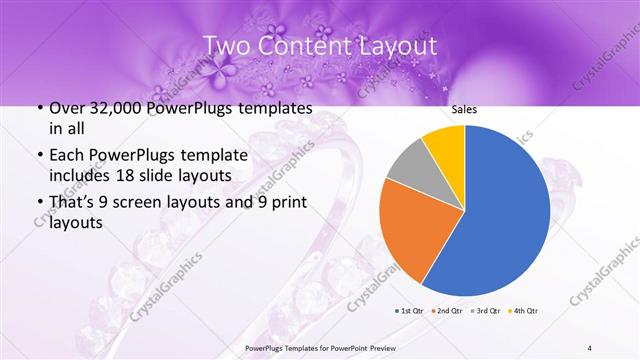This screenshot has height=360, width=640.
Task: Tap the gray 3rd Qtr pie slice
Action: pos(409,174)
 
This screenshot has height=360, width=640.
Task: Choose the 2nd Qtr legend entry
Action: pos(448,310)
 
